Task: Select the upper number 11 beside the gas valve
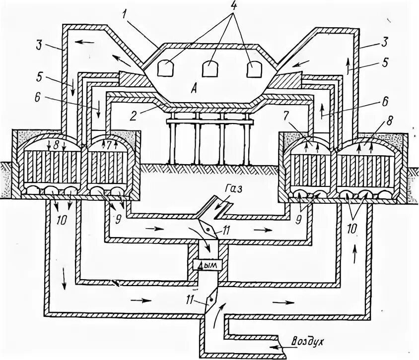(x=226, y=230)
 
